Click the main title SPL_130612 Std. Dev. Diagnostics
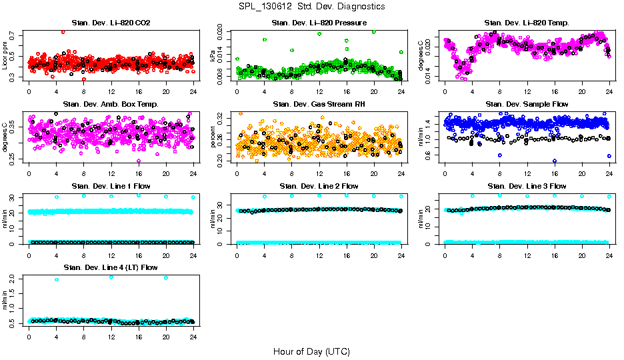311,7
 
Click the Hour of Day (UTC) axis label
311,351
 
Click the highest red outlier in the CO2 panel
63,32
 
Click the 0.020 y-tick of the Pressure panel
223,31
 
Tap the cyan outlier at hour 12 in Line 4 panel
111,277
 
